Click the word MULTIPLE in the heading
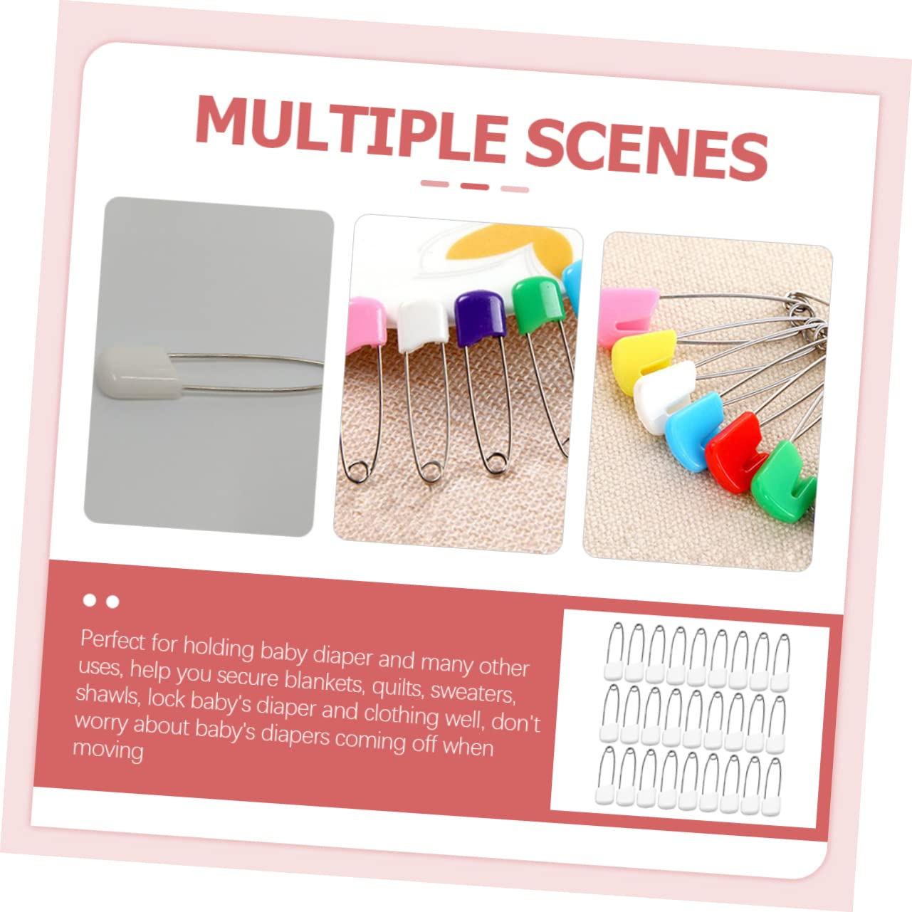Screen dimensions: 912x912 (x=351, y=128)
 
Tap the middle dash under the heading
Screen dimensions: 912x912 (x=474, y=187)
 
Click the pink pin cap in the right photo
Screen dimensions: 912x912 (x=623, y=313)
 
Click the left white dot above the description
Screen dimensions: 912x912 (x=90, y=600)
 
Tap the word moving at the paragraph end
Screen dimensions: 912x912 (x=108, y=750)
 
